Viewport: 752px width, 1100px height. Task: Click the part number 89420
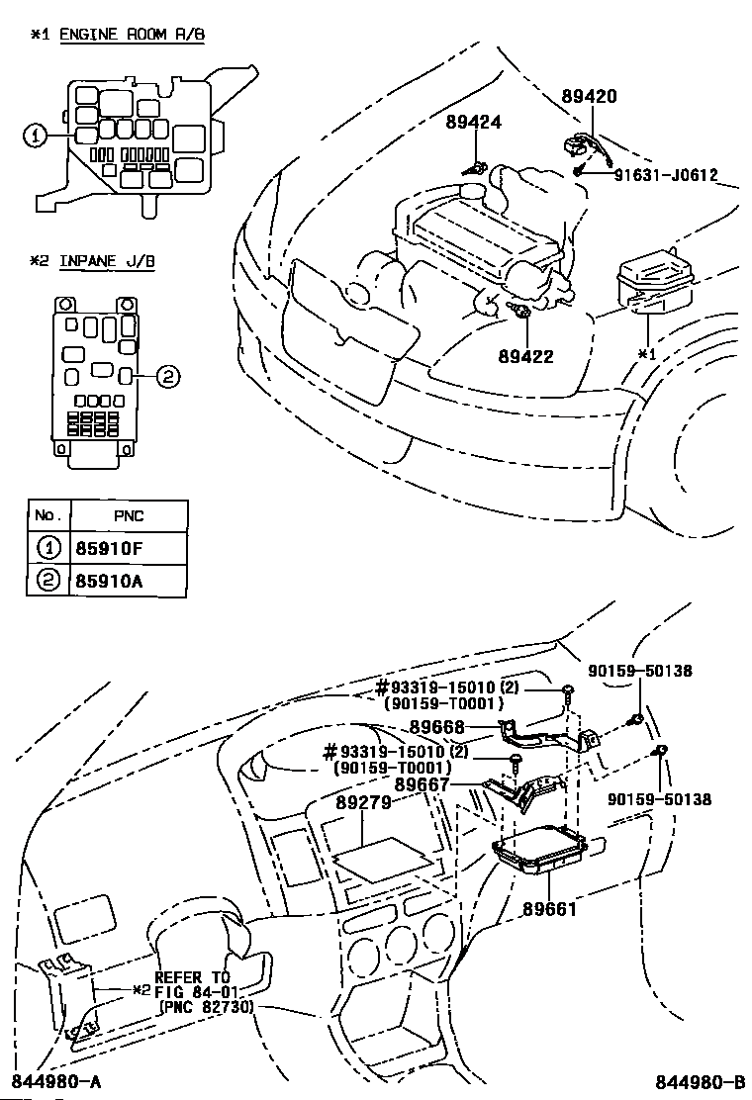tap(590, 95)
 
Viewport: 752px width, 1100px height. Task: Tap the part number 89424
tap(474, 122)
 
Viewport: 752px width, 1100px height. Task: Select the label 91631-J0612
tap(666, 175)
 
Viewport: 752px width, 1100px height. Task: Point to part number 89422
tap(526, 356)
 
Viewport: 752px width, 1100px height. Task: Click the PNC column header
tap(129, 515)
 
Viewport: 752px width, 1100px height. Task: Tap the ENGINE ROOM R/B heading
tap(132, 34)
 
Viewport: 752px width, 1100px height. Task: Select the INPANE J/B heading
tap(107, 261)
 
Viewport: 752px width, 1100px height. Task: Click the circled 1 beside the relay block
tap(36, 137)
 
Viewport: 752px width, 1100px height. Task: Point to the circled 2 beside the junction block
tap(167, 378)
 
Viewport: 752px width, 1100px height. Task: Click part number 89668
tap(437, 727)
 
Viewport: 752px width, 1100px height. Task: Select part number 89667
tap(422, 784)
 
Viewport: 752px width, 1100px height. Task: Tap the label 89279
tap(363, 802)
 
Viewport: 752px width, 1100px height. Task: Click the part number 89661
tap(549, 909)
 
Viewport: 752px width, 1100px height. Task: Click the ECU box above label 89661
tap(541, 851)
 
